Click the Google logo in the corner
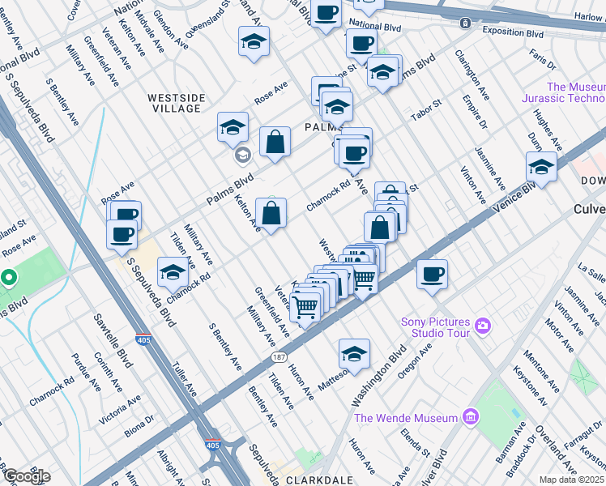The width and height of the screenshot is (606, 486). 26,476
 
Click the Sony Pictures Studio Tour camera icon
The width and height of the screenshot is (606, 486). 484,326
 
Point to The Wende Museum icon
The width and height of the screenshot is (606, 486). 469,418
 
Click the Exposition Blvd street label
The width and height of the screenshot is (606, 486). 512,34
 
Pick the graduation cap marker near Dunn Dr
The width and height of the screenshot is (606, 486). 541,167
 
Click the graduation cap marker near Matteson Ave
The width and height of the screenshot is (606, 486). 354,353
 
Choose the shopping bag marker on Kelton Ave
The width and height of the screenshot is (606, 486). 271,214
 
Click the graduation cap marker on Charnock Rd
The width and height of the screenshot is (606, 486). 173,273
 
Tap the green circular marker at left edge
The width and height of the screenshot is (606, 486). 8,279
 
